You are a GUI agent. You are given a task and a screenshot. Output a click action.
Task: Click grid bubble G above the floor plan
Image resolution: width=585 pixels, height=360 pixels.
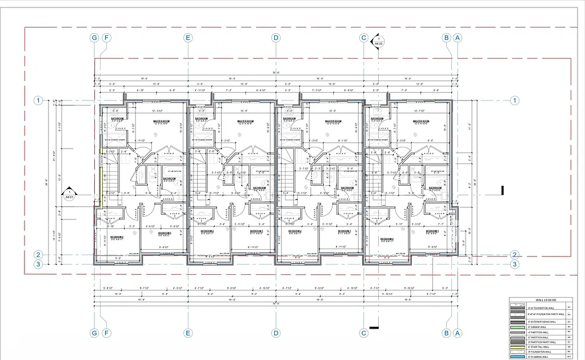pos(95,38)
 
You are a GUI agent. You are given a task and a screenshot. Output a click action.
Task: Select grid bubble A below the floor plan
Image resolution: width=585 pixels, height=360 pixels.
pos(457,333)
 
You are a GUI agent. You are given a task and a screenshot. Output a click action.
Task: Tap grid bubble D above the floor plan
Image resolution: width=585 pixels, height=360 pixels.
pos(276,38)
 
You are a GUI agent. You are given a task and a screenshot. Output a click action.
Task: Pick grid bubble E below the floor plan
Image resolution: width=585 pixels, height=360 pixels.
pos(187,333)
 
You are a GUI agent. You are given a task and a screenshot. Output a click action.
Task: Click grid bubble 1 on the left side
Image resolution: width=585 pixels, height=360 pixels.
pos(38,101)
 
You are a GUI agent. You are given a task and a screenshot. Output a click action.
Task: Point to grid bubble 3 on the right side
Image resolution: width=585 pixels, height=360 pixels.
pos(515,264)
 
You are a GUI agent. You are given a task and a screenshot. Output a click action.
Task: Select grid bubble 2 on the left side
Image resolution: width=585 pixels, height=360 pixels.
pos(38,255)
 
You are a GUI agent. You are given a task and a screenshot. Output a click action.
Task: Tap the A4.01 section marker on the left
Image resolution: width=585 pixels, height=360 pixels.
pos(69,194)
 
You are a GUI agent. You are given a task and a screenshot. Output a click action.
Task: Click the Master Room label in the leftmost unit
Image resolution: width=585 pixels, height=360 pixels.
pos(162,122)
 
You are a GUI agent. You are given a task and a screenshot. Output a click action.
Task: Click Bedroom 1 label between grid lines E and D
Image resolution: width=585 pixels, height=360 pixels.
pos(255,231)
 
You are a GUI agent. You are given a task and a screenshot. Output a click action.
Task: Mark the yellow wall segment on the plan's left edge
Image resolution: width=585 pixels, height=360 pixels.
pos(101,177)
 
